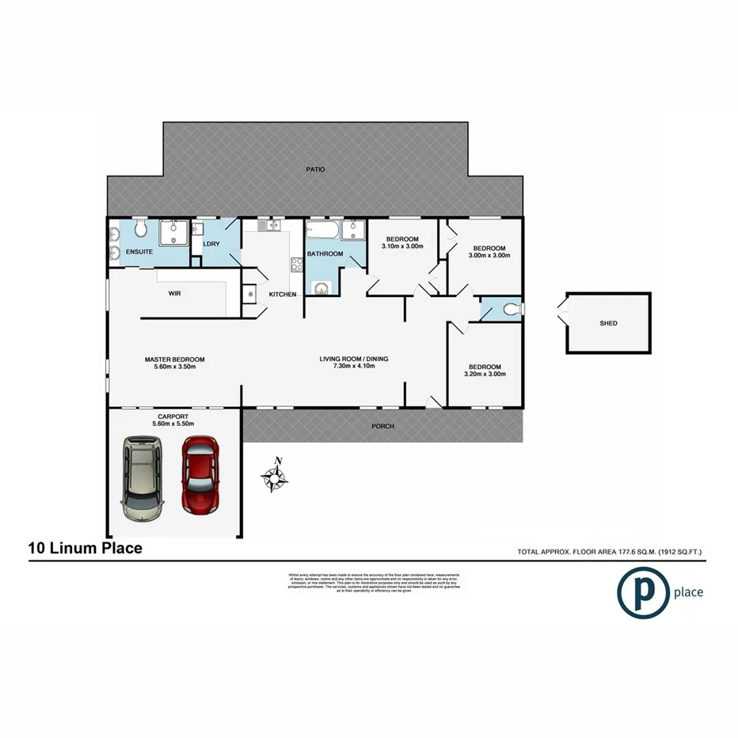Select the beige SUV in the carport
coord(141,481)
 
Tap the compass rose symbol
coord(275,477)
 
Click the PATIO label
coord(316,169)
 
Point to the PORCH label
coord(383,427)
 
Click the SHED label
coord(608,323)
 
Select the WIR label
coord(175,293)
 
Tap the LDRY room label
coord(211,244)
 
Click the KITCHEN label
coord(283,295)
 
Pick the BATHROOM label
coord(325,254)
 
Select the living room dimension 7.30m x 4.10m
coord(353,367)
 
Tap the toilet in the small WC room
coord(511,309)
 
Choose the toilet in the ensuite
coord(140,230)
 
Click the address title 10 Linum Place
coord(86,548)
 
